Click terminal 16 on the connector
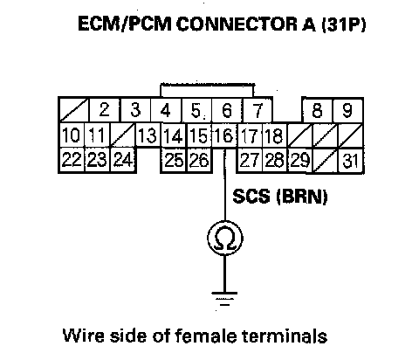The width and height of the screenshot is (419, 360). click(x=224, y=135)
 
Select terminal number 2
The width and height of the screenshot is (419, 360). click(x=104, y=110)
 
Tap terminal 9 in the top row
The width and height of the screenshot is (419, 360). click(x=347, y=110)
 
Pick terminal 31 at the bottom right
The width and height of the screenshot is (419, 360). click(x=350, y=161)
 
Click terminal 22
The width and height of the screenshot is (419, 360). click(x=72, y=160)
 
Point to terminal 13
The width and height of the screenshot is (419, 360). click(x=148, y=135)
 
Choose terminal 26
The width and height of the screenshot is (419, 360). click(x=199, y=160)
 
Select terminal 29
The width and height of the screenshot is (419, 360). click(x=300, y=160)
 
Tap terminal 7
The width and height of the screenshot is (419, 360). click(x=258, y=110)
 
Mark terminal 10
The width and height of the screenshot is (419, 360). click(x=72, y=135)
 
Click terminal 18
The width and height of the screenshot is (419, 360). click(x=275, y=135)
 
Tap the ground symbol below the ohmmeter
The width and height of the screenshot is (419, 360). click(x=224, y=299)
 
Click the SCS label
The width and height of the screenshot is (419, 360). click(x=251, y=196)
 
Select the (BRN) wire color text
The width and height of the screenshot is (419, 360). click(x=302, y=197)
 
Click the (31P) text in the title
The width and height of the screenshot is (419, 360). click(x=344, y=24)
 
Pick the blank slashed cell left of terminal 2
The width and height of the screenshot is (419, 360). click(x=74, y=110)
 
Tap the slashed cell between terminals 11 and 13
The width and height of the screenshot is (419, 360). click(x=123, y=135)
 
